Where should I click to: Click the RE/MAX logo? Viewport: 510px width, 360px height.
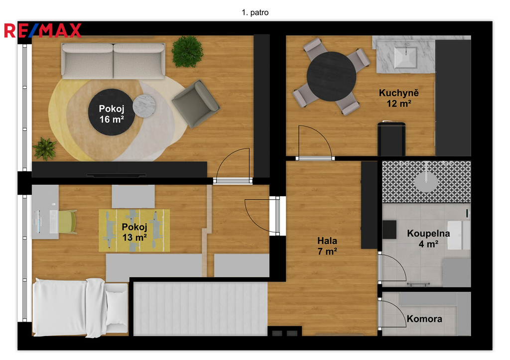point(43,30)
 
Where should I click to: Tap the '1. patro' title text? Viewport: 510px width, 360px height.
point(255,12)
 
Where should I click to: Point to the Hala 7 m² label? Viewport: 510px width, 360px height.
point(327,246)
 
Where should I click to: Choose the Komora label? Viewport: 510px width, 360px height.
point(424,319)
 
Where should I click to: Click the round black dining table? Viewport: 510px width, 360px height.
point(331,76)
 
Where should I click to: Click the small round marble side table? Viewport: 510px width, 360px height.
point(144,106)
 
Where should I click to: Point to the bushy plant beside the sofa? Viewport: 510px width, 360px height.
point(187,52)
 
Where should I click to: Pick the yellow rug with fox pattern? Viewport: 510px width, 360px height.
point(134,230)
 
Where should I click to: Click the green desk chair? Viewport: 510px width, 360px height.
point(68,222)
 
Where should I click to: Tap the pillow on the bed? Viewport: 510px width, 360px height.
point(117,307)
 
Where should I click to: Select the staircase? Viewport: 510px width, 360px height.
point(200,309)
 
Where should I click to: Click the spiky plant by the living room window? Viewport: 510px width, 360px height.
point(45,149)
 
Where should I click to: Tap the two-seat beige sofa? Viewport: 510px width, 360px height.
point(113,61)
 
